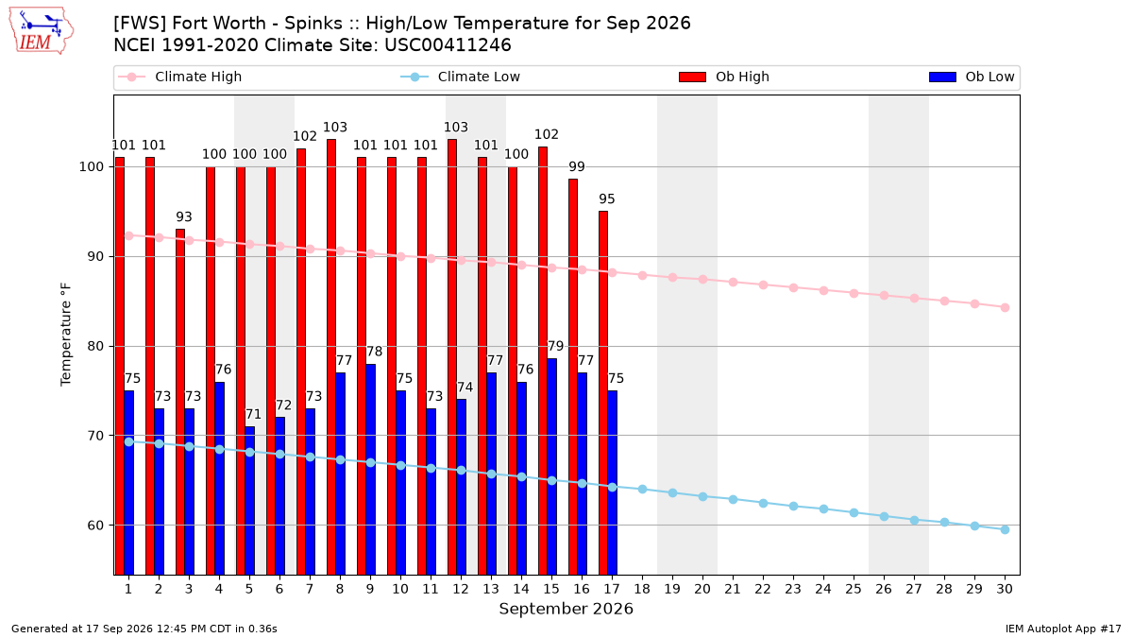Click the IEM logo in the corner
point(41,31)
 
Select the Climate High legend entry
point(180,77)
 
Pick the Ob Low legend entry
point(972,77)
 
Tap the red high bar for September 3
point(180,402)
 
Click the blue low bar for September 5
point(250,501)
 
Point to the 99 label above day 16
point(577,166)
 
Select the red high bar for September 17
point(603,393)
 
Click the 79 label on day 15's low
point(555,346)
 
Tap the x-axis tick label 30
point(1005,589)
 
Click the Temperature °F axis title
point(66,335)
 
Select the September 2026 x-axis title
point(566,609)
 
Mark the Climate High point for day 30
point(1005,307)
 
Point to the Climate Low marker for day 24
point(823,509)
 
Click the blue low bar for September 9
point(370,470)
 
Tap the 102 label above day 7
point(305,136)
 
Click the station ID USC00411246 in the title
point(448,45)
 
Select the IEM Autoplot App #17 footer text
point(1063,629)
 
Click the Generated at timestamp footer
point(144,629)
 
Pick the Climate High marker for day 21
point(733,282)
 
